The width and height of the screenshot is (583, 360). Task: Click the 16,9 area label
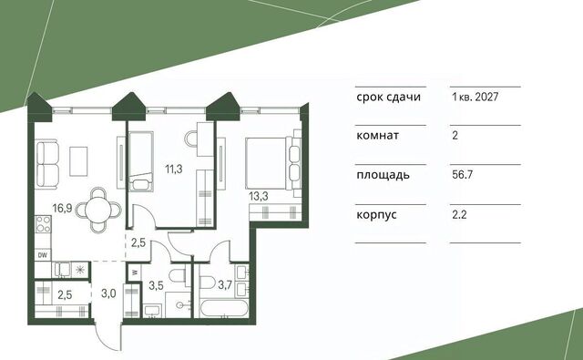tap(62, 208)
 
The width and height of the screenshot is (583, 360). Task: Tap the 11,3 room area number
tap(174, 170)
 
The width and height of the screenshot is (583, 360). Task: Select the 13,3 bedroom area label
tap(259, 196)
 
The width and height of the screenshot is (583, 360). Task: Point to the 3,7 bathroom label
tap(225, 285)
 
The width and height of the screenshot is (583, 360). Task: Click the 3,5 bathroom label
tap(156, 285)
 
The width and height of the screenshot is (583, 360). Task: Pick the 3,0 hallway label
tap(108, 293)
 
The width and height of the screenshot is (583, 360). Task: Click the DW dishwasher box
tap(43, 255)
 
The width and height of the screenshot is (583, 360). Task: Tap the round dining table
tap(98, 211)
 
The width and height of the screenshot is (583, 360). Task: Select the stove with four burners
tap(43, 224)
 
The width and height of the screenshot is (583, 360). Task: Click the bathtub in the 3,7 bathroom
tap(223, 308)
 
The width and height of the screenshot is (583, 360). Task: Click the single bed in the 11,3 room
tap(140, 161)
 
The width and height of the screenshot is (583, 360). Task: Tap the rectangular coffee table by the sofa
tap(78, 161)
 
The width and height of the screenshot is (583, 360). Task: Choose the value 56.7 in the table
tap(462, 175)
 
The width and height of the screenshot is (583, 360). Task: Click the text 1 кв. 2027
tap(476, 98)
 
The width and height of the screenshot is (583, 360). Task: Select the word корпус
tap(376, 215)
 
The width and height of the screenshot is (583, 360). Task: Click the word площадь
tap(383, 175)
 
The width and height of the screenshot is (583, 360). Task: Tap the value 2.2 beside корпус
tap(459, 214)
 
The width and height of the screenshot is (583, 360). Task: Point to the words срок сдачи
tap(389, 98)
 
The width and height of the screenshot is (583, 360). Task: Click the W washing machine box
tap(135, 273)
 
